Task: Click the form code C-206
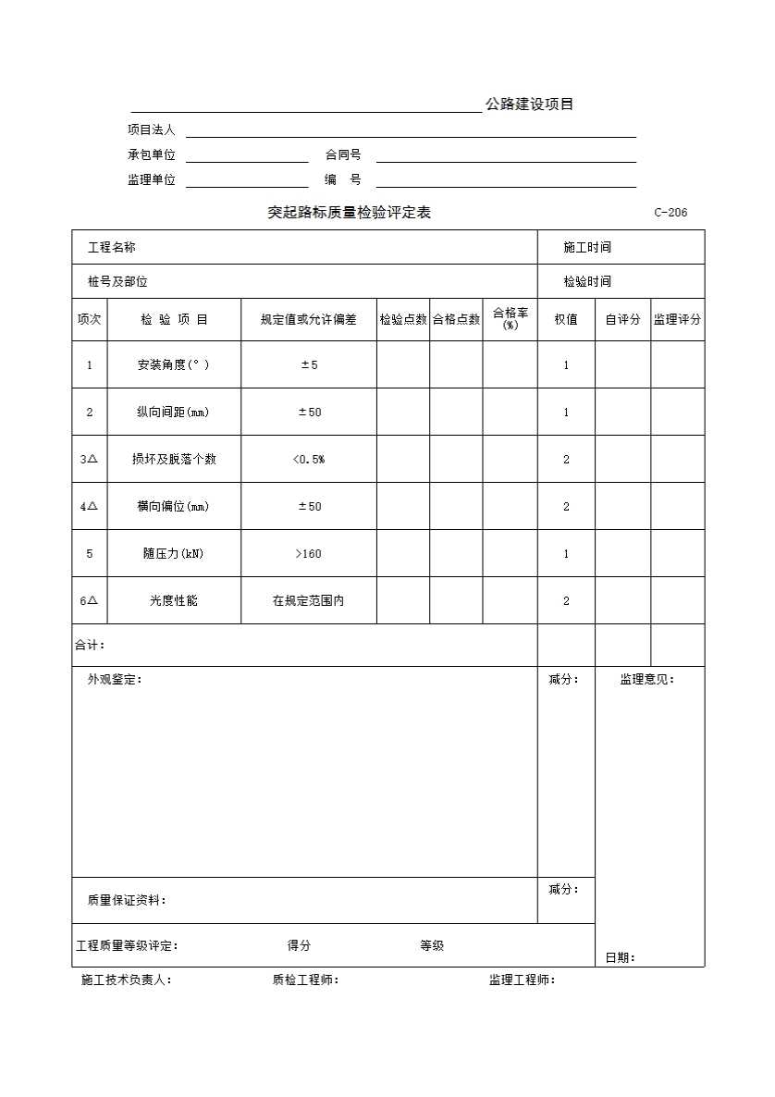[x=670, y=213]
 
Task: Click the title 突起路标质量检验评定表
[x=349, y=213]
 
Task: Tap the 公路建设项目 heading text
[x=529, y=105]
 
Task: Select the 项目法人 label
[x=151, y=130]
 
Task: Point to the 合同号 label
[x=342, y=155]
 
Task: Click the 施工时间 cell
[x=587, y=247]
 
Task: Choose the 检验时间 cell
[x=587, y=281]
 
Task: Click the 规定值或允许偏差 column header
[x=308, y=320]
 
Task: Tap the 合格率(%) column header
[x=510, y=319]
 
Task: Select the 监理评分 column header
[x=677, y=320]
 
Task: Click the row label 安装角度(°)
[x=173, y=365]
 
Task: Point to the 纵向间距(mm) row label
[x=173, y=413]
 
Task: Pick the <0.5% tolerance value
[x=308, y=460]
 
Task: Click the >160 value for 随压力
[x=308, y=554]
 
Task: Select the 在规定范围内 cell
[x=308, y=601]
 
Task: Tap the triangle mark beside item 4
[x=93, y=506]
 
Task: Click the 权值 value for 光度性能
[x=566, y=601]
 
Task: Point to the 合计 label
[x=90, y=645]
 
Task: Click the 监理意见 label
[x=646, y=680]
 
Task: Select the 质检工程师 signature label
[x=305, y=980]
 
